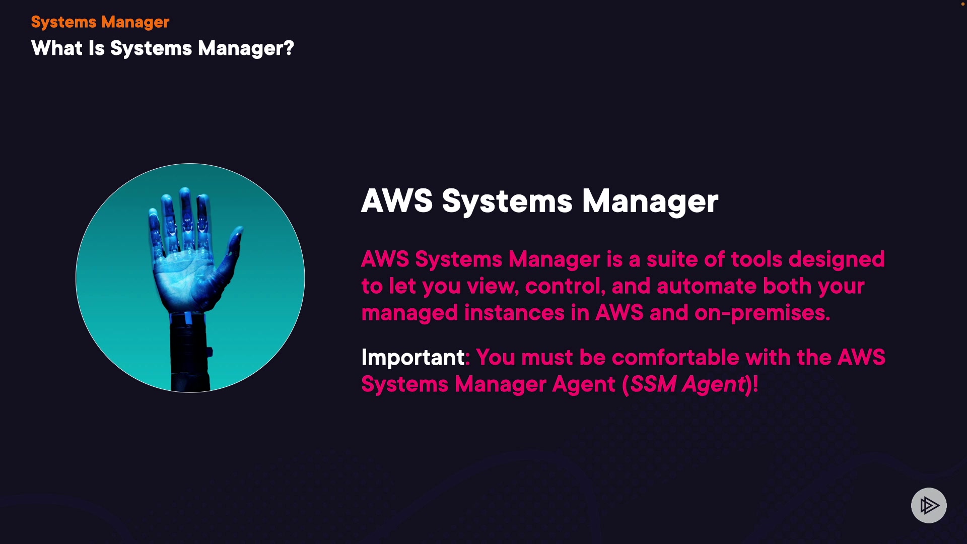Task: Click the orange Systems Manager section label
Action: [x=100, y=22]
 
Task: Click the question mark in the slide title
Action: [x=289, y=48]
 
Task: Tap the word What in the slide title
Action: [x=56, y=48]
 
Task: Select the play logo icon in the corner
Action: [x=929, y=505]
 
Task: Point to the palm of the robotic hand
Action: [x=184, y=277]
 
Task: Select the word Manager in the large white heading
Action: [x=650, y=201]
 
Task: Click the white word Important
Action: [x=412, y=358]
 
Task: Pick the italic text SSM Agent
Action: [x=687, y=384]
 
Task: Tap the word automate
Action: [x=706, y=286]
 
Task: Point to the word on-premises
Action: [x=761, y=313]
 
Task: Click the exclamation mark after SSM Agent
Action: [x=755, y=384]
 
